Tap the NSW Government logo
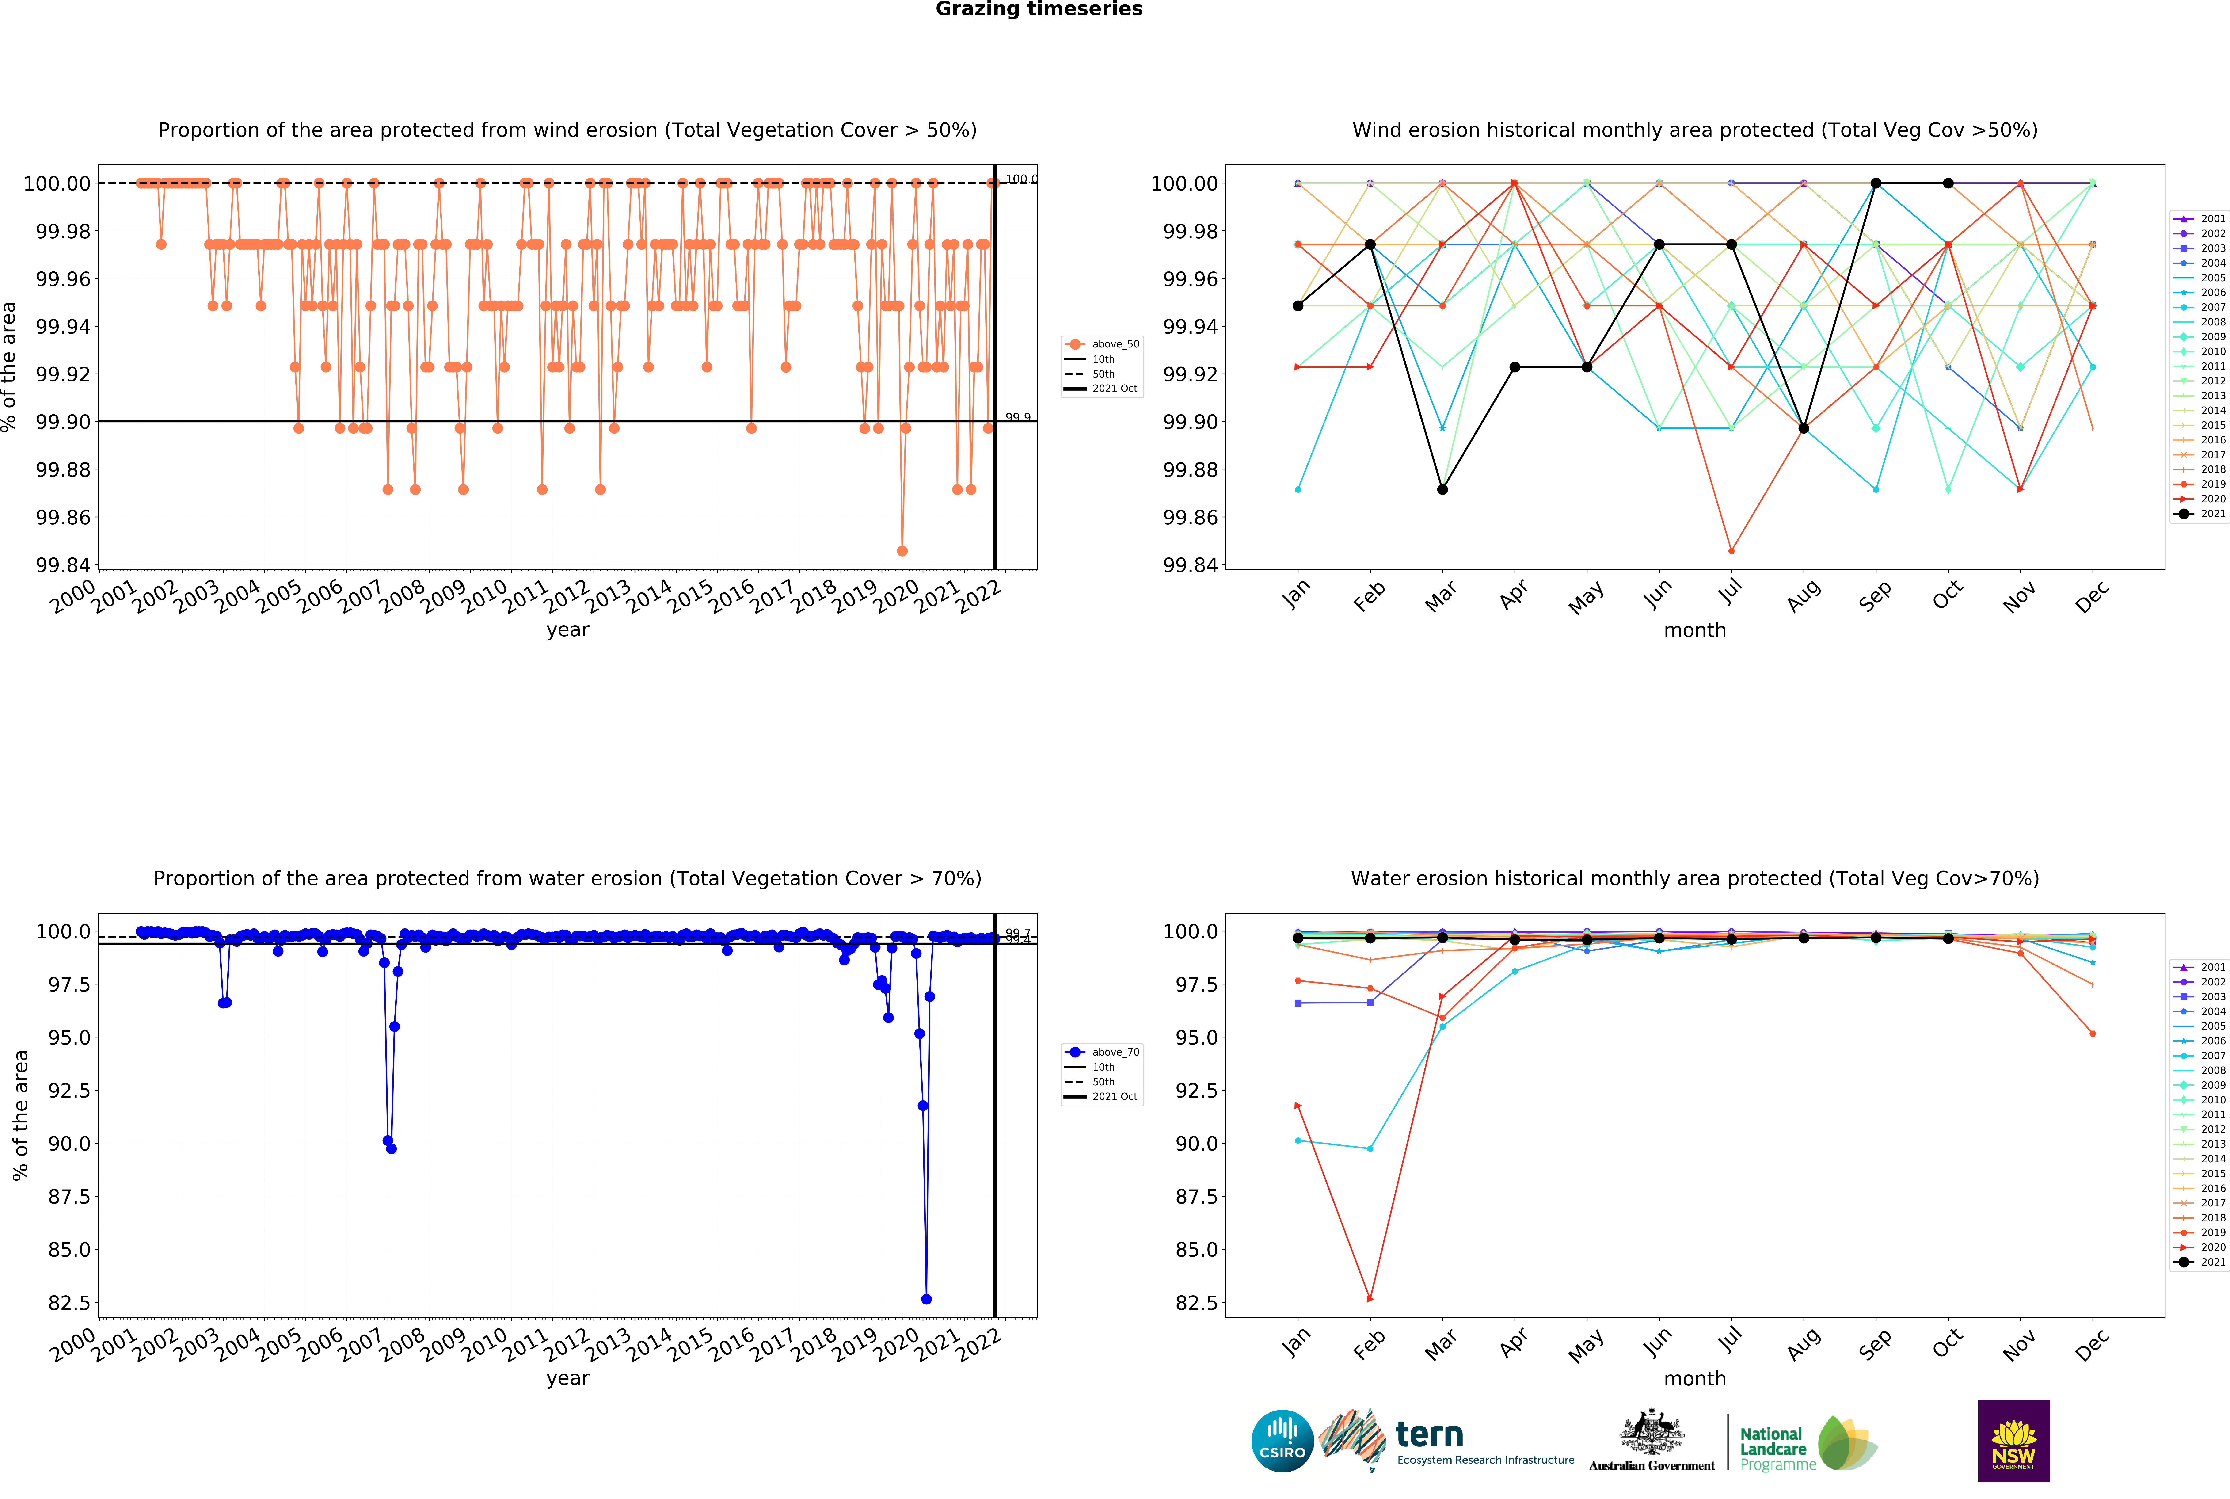click(2013, 1441)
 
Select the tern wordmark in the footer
click(1429, 1434)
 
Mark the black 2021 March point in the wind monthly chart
click(1442, 489)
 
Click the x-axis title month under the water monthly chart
click(1695, 1379)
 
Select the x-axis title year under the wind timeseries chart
click(568, 630)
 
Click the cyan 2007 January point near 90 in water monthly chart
click(1297, 1140)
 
